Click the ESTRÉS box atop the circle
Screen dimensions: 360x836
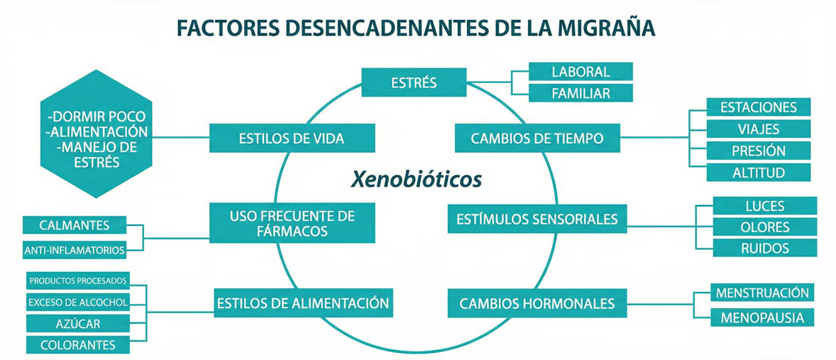click(414, 82)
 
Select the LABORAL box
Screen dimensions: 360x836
click(581, 72)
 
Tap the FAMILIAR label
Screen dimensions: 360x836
click(581, 92)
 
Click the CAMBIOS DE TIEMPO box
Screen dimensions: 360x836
click(537, 138)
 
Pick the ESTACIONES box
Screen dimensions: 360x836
click(759, 108)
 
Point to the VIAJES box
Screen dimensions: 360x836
click(759, 129)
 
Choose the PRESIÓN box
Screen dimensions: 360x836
click(759, 151)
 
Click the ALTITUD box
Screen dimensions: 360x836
click(759, 172)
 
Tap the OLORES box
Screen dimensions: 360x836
click(765, 227)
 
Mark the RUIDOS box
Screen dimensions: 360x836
click(765, 248)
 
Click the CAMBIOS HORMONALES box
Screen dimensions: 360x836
click(537, 303)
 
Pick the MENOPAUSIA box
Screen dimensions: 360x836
click(762, 318)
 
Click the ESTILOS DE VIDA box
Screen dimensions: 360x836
click(292, 138)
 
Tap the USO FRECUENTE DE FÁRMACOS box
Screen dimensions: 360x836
click(292, 223)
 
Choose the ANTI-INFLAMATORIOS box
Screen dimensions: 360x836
click(75, 249)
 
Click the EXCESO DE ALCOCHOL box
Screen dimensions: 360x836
click(77, 302)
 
